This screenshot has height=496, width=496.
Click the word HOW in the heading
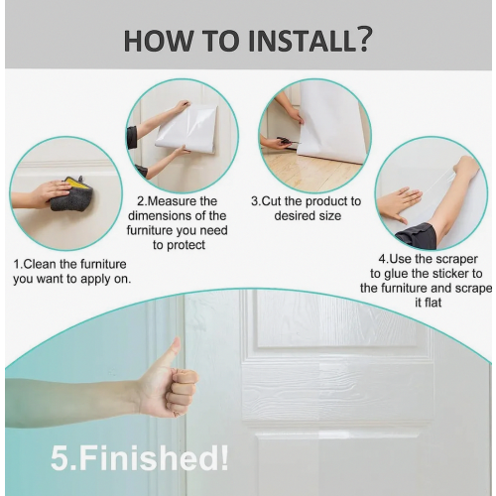158,41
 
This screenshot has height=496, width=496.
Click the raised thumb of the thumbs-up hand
174,351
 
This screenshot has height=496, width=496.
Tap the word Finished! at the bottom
154,458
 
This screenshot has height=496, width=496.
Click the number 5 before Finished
60,458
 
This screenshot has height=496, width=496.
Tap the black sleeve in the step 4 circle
417,234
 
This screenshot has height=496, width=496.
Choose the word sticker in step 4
447,274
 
